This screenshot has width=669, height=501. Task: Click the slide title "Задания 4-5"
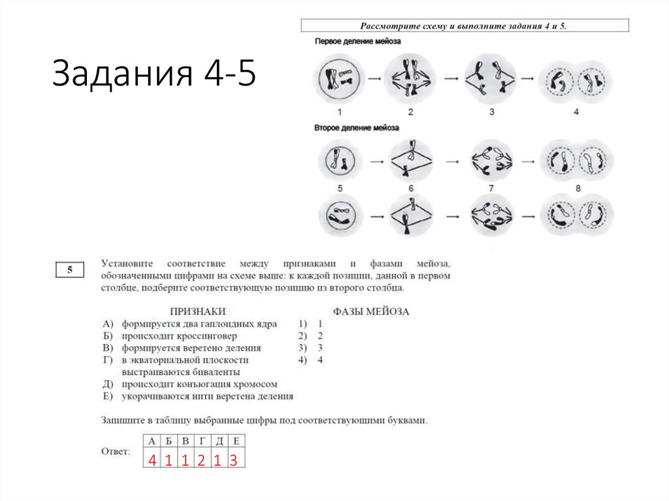click(154, 73)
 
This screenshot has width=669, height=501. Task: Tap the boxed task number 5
click(69, 270)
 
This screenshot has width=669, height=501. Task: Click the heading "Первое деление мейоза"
click(357, 41)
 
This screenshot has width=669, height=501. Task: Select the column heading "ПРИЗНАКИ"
click(197, 312)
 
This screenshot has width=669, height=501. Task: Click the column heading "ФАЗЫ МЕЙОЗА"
click(370, 312)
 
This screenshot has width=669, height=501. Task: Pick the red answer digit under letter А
click(152, 461)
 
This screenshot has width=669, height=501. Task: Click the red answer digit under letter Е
click(233, 461)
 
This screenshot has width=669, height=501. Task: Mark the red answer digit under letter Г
click(201, 461)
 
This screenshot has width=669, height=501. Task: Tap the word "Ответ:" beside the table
click(116, 451)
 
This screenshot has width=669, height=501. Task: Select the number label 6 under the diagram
click(411, 188)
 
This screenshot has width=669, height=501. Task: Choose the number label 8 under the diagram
click(576, 188)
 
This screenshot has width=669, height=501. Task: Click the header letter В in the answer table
click(185, 440)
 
